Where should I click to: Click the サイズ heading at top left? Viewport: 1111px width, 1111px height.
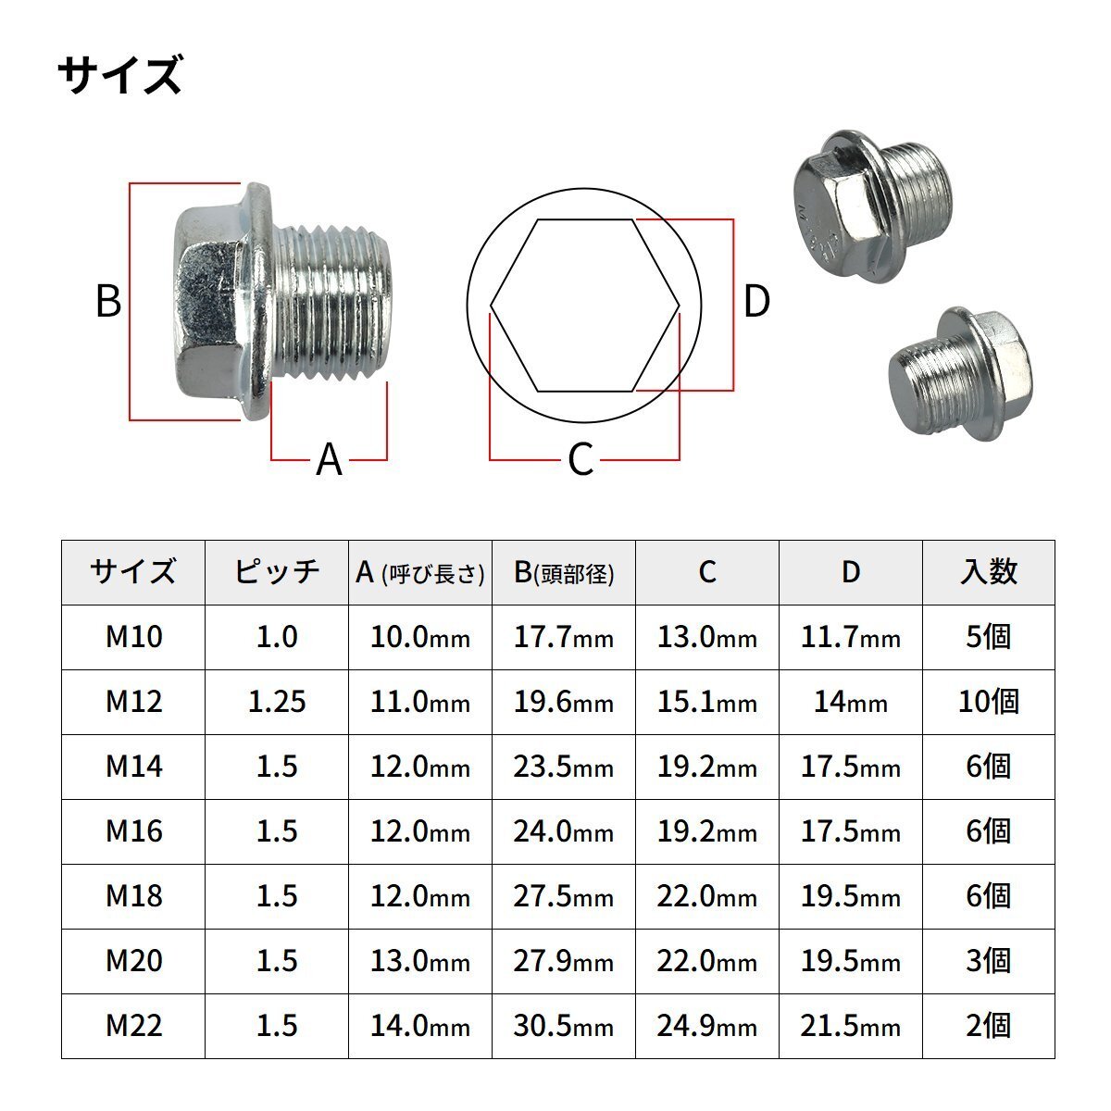click(x=120, y=74)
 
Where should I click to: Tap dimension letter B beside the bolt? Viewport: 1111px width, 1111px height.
click(x=108, y=301)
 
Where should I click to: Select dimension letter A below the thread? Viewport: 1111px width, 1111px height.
click(x=330, y=459)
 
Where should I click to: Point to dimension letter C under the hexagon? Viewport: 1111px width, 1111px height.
click(x=580, y=459)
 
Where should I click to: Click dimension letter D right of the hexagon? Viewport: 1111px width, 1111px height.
click(x=756, y=301)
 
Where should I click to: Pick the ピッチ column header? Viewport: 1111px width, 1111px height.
click(x=277, y=572)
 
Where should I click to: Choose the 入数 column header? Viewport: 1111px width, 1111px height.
click(x=988, y=572)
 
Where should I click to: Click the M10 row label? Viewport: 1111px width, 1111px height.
click(x=133, y=637)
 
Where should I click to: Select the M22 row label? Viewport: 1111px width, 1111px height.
click(x=133, y=1026)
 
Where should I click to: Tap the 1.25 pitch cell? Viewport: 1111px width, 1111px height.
click(x=277, y=702)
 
